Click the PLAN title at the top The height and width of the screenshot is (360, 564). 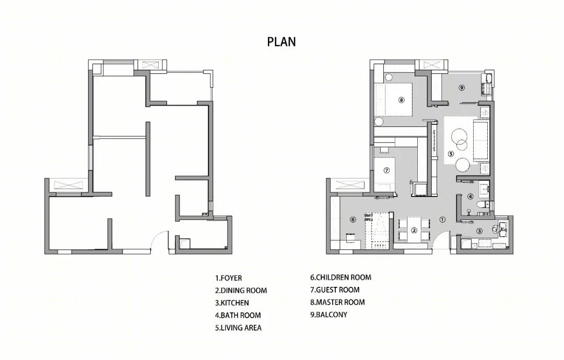click(x=281, y=42)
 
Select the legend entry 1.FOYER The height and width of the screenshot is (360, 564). click(x=228, y=278)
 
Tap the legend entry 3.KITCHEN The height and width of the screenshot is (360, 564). click(x=232, y=303)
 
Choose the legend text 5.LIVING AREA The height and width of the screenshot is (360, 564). click(x=238, y=328)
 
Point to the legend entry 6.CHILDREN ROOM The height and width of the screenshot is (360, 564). click(x=340, y=277)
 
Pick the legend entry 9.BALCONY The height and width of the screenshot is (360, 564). click(x=329, y=315)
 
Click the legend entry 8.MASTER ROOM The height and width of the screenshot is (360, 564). click(x=337, y=302)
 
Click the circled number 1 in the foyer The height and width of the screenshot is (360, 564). click(x=442, y=219)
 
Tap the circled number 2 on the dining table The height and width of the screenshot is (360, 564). click(x=414, y=230)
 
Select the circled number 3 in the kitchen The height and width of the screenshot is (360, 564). click(x=479, y=231)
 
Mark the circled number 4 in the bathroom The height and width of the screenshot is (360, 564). click(x=471, y=196)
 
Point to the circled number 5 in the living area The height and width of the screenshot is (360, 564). click(x=451, y=154)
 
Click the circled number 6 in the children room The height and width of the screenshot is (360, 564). click(x=353, y=219)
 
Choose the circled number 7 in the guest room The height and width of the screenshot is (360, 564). click(x=386, y=170)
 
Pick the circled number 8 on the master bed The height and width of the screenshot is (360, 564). click(x=402, y=100)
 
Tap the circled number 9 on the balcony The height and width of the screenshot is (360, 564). click(x=462, y=87)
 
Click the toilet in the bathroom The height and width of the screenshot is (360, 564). click(x=482, y=205)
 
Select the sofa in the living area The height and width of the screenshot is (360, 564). click(x=481, y=141)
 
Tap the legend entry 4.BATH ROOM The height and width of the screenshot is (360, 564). click(x=238, y=316)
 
